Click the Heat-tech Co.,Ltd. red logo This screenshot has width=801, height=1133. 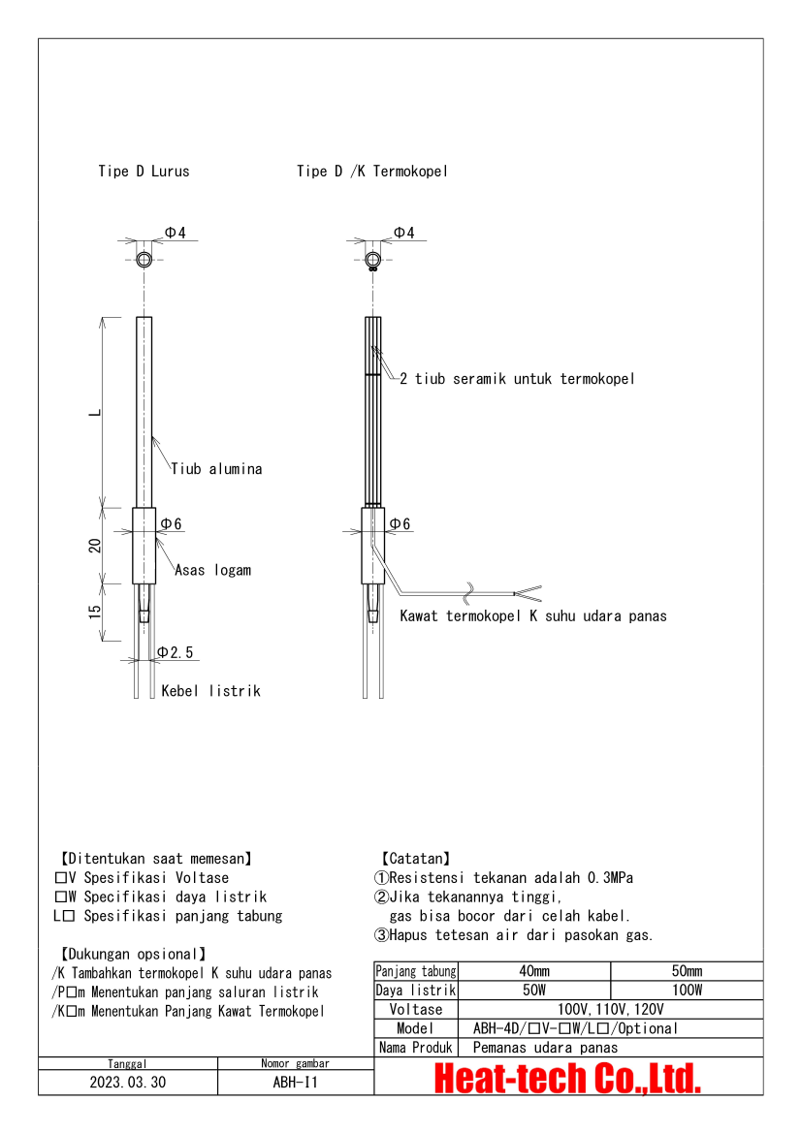click(x=567, y=1078)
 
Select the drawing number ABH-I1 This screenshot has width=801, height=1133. click(x=296, y=1083)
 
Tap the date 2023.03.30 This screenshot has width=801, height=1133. click(x=128, y=1083)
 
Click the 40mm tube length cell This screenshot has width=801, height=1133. click(x=533, y=971)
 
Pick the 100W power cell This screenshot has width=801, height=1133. click(x=687, y=991)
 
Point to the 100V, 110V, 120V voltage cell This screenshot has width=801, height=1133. click(x=610, y=1009)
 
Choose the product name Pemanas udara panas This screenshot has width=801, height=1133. click(x=545, y=1047)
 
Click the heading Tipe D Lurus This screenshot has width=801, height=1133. click(x=144, y=172)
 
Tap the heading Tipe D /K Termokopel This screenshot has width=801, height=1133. click(x=372, y=172)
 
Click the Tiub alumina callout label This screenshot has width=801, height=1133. click(x=216, y=469)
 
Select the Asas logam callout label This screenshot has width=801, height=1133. click(x=212, y=570)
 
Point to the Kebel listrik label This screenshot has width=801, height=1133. click(x=210, y=691)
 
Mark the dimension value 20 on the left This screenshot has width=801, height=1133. click(x=95, y=546)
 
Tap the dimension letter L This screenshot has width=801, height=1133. click(x=94, y=412)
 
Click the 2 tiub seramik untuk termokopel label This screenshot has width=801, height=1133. click(x=517, y=379)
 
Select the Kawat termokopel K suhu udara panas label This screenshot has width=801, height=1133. click(x=533, y=615)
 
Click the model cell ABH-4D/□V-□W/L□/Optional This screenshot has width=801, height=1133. click(x=575, y=1028)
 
